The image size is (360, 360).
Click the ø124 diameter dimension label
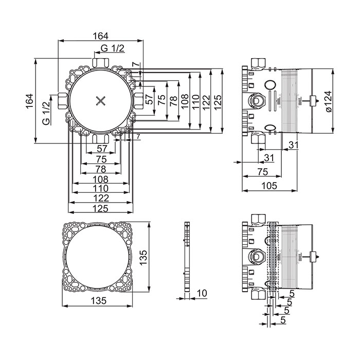click(329, 101)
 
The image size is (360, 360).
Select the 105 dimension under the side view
click(269, 186)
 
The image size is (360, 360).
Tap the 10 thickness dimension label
click(202, 293)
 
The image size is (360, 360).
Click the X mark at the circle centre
click(101, 101)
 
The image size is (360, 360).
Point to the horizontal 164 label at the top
click(100, 36)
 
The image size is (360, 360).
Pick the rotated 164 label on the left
click(29, 101)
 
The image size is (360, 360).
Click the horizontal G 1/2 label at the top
click(113, 48)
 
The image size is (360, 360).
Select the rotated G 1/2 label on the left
click(46, 114)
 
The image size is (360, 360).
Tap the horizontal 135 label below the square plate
click(99, 300)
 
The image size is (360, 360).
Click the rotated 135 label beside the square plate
click(143, 258)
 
